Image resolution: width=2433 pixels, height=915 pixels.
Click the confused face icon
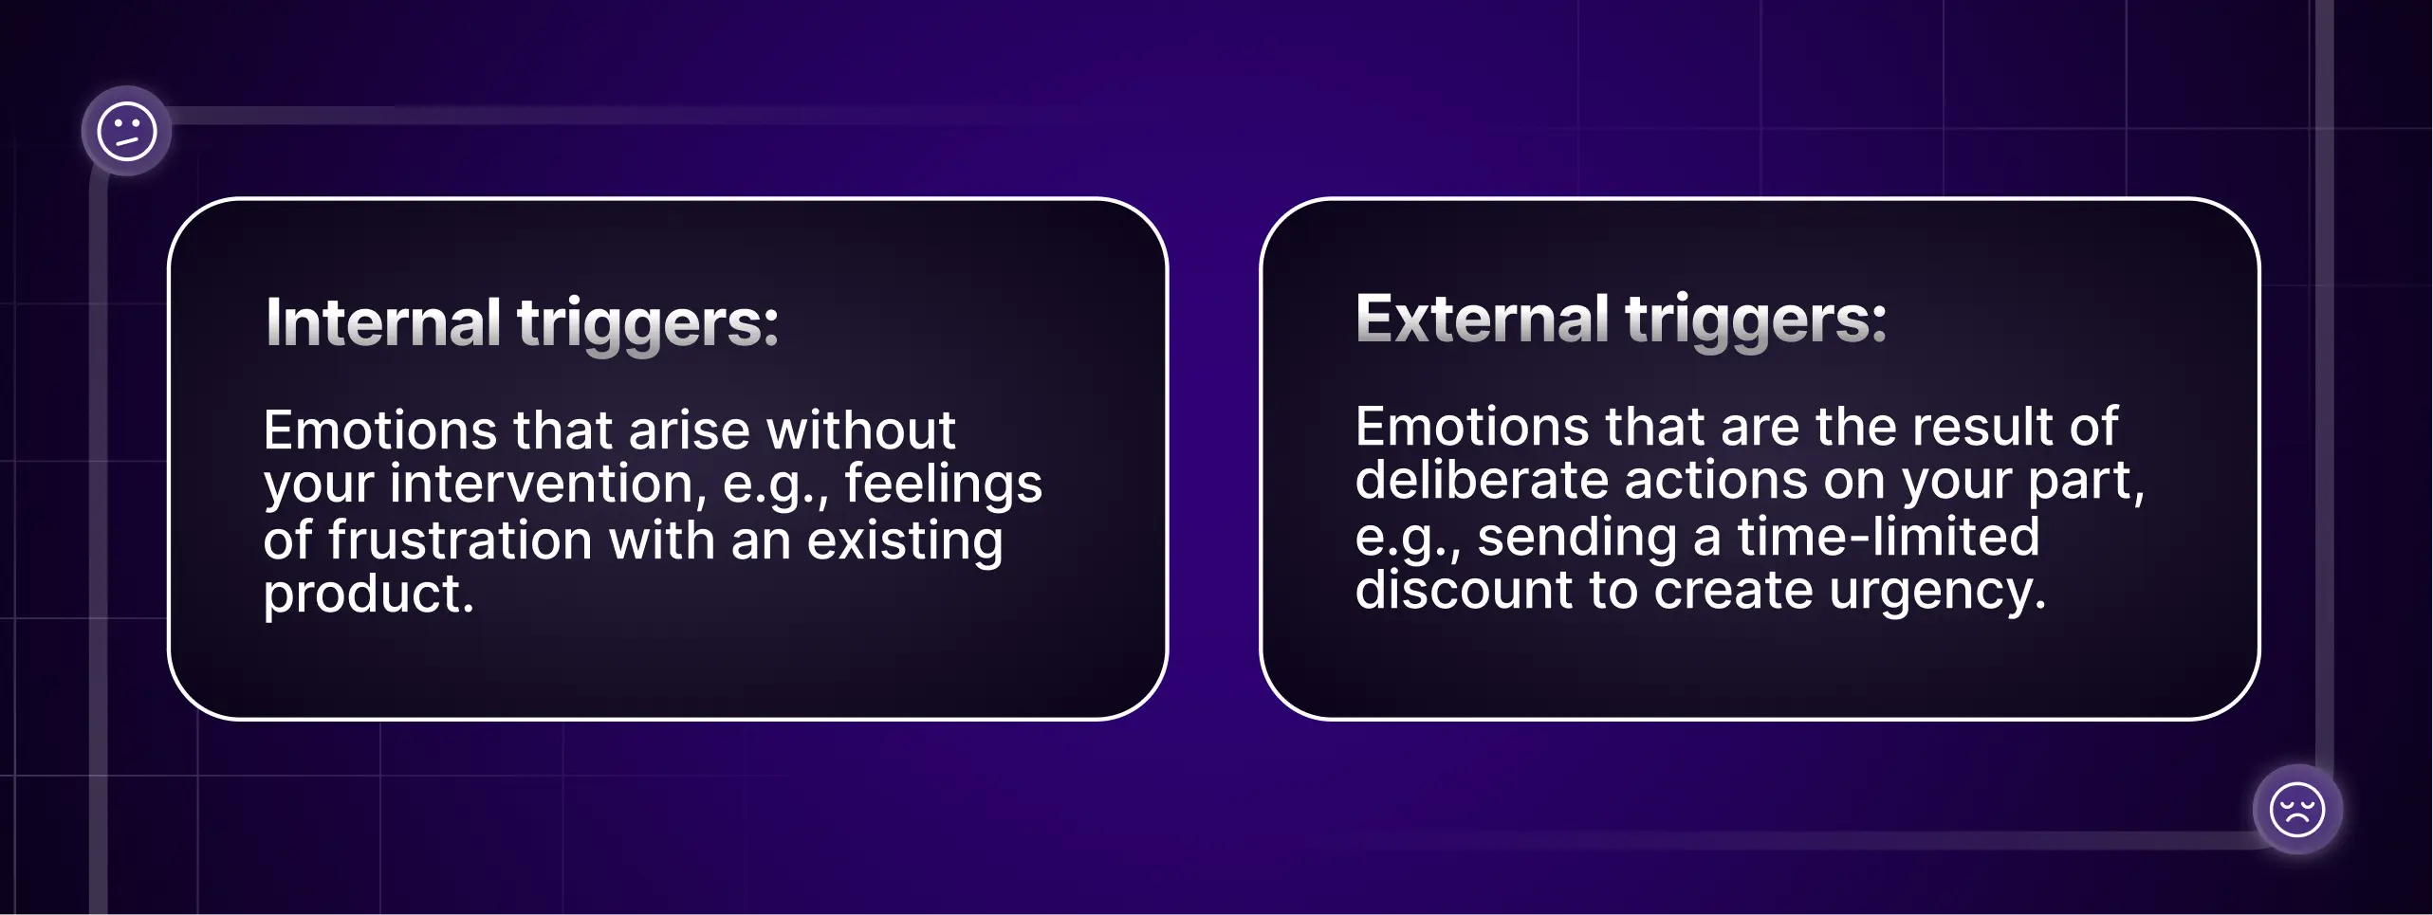pos(126,131)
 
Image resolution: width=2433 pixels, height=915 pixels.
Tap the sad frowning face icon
pos(2296,810)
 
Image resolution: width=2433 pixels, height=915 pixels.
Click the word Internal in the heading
pos(383,322)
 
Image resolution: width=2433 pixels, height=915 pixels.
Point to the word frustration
pos(460,540)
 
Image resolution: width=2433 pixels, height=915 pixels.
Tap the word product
pos(368,595)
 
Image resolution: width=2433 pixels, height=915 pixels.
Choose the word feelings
pos(943,484)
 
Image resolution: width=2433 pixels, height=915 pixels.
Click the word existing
pos(905,540)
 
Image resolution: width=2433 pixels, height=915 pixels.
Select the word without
pos(860,430)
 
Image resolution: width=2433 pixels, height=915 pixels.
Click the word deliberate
pos(1481,480)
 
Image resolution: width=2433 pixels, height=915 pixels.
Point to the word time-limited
pos(1888,537)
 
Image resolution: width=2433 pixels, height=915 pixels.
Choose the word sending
pos(1576,537)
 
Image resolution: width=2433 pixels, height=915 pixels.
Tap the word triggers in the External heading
pos(1755,320)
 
